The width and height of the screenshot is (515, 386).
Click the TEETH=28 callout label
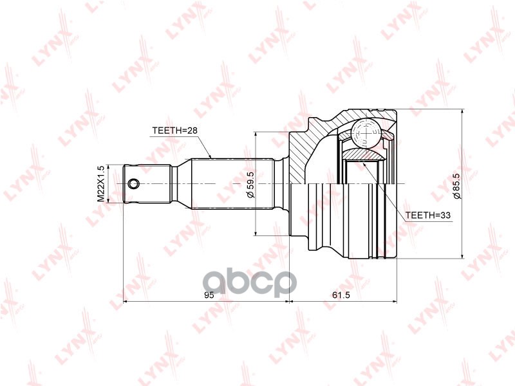(x=174, y=131)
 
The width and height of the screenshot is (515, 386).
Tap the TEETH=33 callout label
(x=428, y=216)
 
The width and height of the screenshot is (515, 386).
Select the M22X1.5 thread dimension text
(x=100, y=184)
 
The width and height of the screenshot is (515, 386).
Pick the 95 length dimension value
(x=209, y=295)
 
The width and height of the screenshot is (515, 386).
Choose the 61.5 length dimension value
(x=341, y=295)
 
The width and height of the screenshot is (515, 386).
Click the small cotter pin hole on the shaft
(x=133, y=184)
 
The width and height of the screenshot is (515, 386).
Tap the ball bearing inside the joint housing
(x=366, y=133)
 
